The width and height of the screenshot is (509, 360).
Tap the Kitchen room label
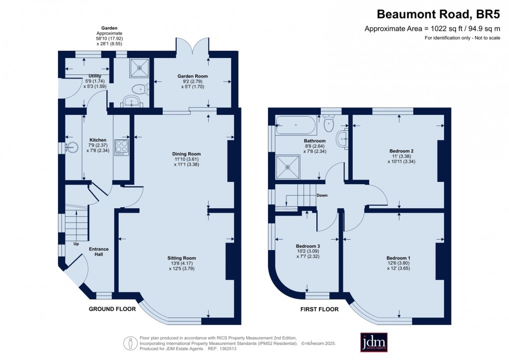[x=98, y=140]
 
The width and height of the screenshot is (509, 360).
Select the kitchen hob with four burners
[x=122, y=146]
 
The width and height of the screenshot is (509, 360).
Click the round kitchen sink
[x=73, y=147]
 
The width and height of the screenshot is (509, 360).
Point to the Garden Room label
[x=192, y=76]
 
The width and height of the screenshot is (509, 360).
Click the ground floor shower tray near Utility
[x=139, y=67]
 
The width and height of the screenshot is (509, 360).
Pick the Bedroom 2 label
[x=401, y=150]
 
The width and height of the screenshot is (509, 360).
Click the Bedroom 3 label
[x=308, y=246]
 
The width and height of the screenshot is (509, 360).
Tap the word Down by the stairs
[x=322, y=195]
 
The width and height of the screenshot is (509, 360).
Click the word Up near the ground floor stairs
[x=76, y=244]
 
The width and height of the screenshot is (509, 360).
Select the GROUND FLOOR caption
[x=112, y=309]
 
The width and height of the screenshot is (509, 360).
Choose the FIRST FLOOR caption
[x=319, y=309]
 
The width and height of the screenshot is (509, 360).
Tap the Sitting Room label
[x=182, y=258]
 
